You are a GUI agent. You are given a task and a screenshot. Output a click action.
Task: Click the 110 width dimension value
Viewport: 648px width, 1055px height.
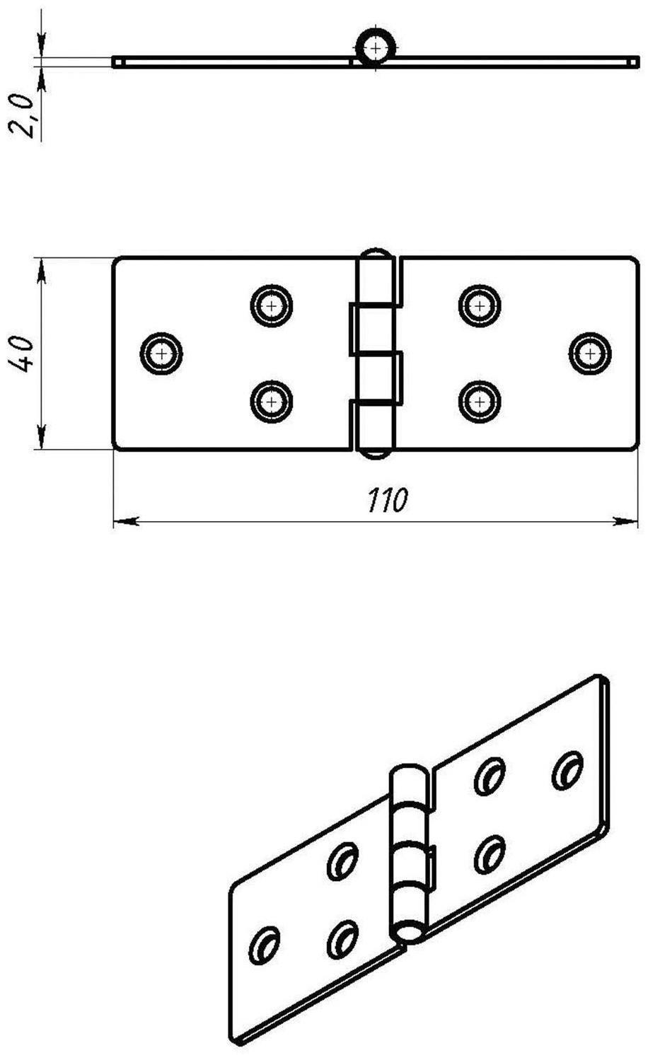386,500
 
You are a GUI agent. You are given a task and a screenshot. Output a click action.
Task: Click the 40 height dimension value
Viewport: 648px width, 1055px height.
22,354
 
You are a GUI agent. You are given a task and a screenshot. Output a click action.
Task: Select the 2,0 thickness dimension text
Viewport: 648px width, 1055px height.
22,115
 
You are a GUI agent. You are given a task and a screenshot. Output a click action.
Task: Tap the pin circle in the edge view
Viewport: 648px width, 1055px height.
375,48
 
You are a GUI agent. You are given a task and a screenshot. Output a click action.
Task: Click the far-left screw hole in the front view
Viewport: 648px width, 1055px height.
161,354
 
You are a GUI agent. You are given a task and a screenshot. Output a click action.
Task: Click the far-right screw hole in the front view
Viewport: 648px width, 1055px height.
590,354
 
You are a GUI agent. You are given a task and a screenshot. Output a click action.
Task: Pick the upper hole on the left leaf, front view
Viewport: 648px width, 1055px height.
271,305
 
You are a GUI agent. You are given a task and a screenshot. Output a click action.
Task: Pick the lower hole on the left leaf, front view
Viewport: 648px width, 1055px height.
271,402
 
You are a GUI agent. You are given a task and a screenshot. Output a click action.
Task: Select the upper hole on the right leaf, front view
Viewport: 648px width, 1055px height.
480,305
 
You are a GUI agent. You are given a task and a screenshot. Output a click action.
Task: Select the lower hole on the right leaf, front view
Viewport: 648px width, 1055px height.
480,402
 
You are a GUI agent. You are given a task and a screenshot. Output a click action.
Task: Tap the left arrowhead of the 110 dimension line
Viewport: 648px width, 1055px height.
127,521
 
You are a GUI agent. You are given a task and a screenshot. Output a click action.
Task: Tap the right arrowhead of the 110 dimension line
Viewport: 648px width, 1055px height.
625,521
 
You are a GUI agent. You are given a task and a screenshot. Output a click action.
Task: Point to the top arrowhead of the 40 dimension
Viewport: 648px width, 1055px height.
42,272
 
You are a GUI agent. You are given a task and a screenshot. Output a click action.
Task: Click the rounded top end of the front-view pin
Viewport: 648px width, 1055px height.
375,252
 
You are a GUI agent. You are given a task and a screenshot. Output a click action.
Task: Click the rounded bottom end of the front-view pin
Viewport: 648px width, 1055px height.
375,454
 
